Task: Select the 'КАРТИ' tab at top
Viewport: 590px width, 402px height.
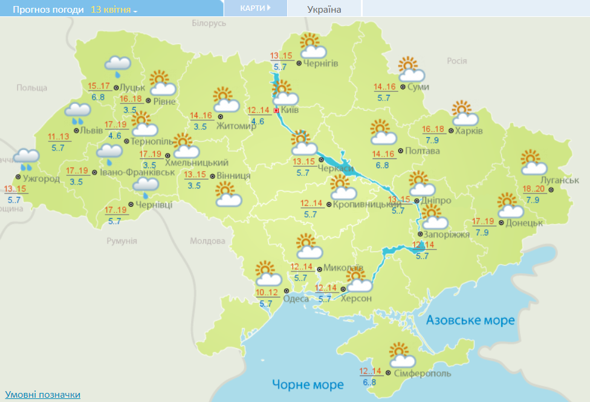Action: pos(254,8)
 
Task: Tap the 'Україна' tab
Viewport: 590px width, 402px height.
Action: pos(324,9)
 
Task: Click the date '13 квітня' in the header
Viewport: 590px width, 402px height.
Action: pos(114,10)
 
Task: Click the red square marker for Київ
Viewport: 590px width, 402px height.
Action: pos(276,111)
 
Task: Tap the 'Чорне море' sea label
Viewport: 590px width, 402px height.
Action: pos(307,384)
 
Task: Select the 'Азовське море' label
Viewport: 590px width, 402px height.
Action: pos(470,320)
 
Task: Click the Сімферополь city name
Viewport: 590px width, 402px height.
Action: pos(422,374)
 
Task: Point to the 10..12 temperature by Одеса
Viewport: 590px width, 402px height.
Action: pos(267,293)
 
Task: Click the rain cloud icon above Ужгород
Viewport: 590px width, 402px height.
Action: pos(27,159)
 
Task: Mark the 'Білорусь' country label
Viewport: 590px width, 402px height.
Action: pos(209,23)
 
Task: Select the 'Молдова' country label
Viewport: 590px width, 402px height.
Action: pos(207,241)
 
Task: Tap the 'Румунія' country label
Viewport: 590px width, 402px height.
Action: pos(122,241)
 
